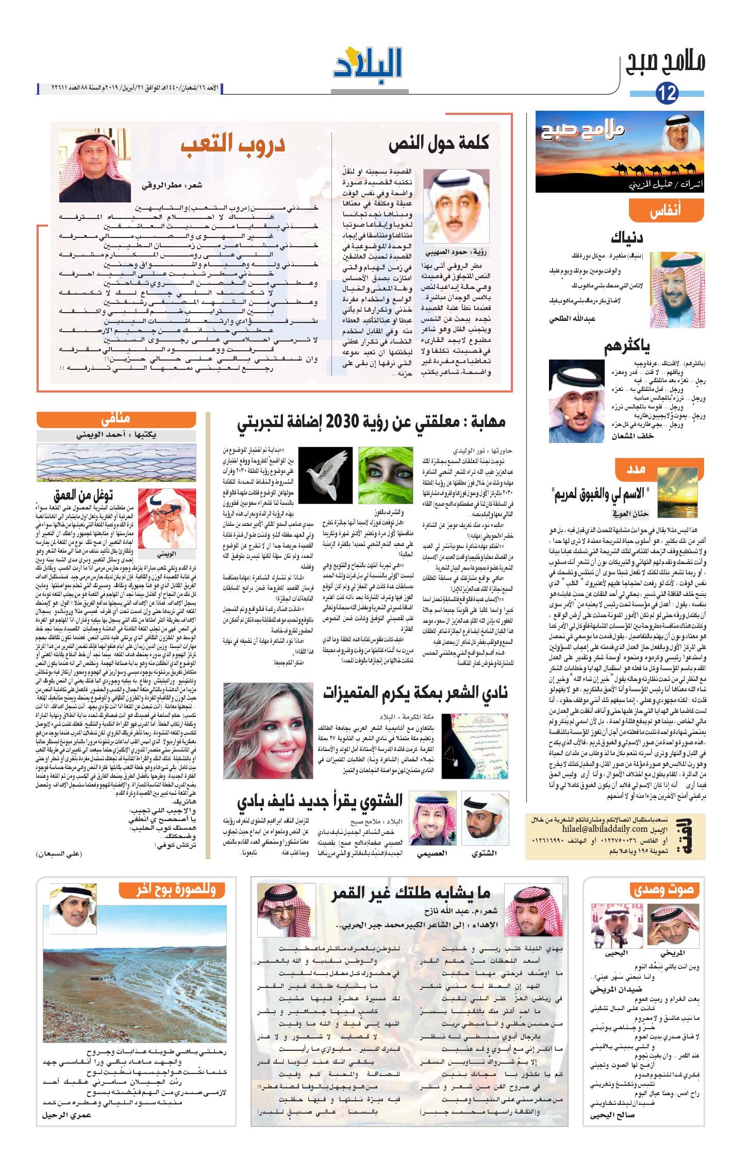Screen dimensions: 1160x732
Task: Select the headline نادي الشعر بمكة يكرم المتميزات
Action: pyautogui.click(x=415, y=693)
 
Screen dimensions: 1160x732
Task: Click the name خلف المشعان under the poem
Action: pyautogui.click(x=633, y=436)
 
